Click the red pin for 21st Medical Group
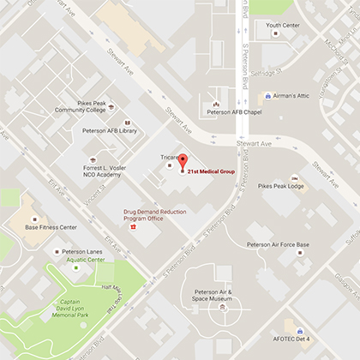point(182,163)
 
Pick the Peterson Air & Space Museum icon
point(222,306)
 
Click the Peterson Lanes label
point(65,251)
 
